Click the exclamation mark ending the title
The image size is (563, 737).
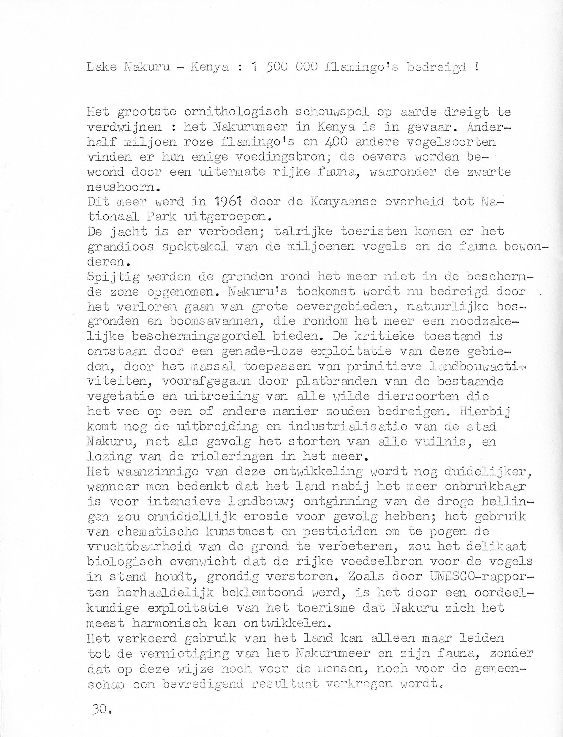click(x=476, y=67)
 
